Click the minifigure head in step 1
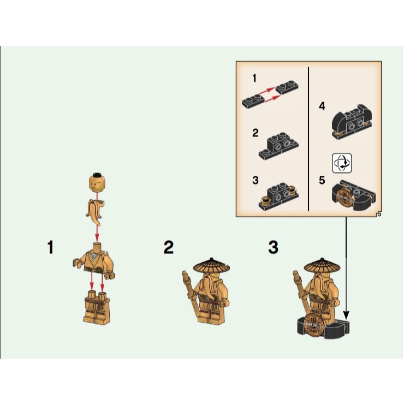point(97,183)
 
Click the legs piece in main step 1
point(96,308)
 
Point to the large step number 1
point(51,248)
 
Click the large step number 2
point(169,248)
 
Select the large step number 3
point(273,248)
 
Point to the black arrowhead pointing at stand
point(346,315)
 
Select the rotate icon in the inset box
point(342,163)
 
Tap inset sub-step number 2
point(255,133)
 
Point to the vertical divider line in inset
point(308,139)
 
